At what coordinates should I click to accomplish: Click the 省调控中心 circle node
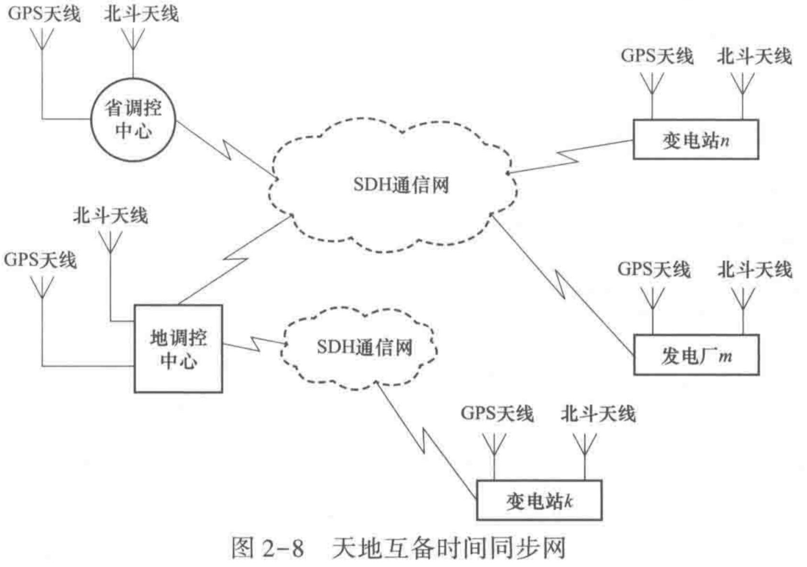tap(133, 120)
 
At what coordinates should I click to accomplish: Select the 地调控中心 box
tap(178, 349)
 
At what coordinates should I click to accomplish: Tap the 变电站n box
tap(695, 140)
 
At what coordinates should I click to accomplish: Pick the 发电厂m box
tap(696, 355)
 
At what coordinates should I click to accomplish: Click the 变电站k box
tap(539, 500)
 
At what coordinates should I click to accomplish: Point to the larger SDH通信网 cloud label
tap(401, 185)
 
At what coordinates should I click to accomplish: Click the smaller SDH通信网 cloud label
tap(364, 347)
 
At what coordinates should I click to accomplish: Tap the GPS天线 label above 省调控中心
tap(44, 13)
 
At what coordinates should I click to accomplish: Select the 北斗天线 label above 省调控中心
tap(141, 13)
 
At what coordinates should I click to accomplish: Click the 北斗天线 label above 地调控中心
tap(110, 216)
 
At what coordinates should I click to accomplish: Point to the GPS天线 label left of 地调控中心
tap(40, 260)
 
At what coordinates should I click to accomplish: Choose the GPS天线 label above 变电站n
tap(657, 56)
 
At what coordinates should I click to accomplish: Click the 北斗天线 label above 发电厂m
tap(754, 269)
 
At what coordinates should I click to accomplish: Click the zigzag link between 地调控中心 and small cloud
tap(254, 343)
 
